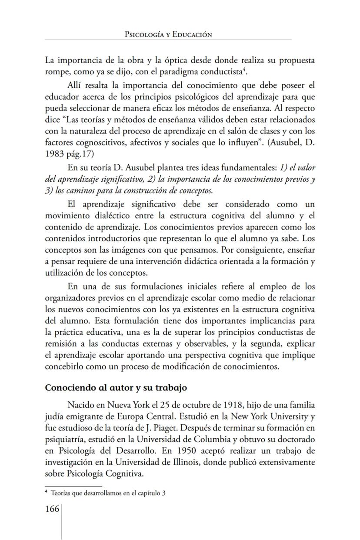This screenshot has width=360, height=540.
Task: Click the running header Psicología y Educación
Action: tap(168, 34)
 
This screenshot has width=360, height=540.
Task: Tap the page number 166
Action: tap(52, 509)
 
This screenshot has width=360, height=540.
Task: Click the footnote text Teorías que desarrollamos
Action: tap(109, 493)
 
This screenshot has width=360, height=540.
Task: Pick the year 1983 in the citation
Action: tap(55, 153)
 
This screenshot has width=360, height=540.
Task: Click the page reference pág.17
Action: tap(81, 153)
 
